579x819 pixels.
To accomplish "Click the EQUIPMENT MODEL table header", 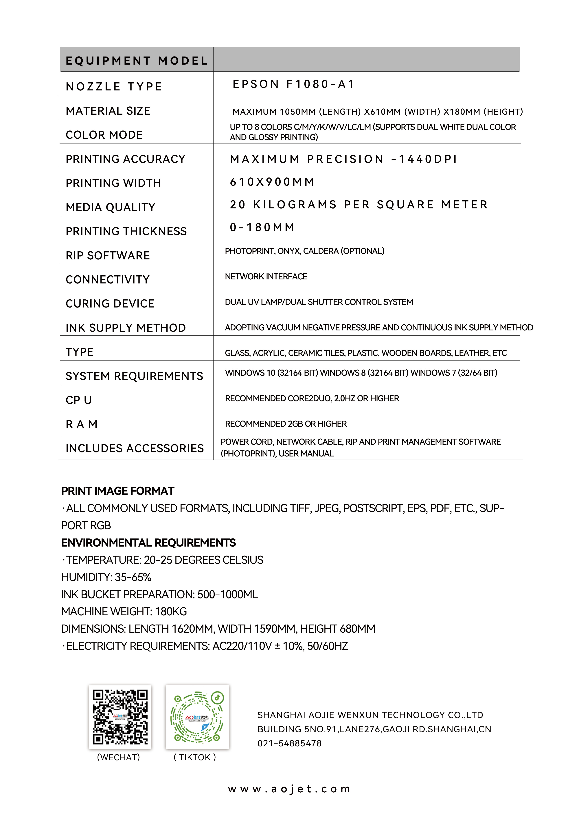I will click(137, 61).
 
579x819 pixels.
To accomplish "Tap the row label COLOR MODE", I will click(104, 135).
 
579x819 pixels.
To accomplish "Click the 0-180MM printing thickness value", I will click(262, 227).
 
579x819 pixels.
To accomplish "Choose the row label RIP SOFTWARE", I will click(108, 256).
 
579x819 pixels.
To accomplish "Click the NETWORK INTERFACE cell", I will click(266, 276).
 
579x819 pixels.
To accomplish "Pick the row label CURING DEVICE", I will click(110, 304).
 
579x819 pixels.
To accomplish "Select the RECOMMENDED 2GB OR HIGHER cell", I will click(286, 424).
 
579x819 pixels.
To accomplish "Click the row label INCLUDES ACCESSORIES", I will click(134, 448).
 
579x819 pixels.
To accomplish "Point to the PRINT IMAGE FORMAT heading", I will click(118, 491).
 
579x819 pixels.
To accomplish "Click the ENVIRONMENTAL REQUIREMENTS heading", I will click(148, 543).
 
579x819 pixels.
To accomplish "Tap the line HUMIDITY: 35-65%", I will click(106, 577).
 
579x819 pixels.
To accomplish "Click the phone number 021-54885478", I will click(290, 743).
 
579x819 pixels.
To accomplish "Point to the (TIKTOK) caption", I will click(195, 757).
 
